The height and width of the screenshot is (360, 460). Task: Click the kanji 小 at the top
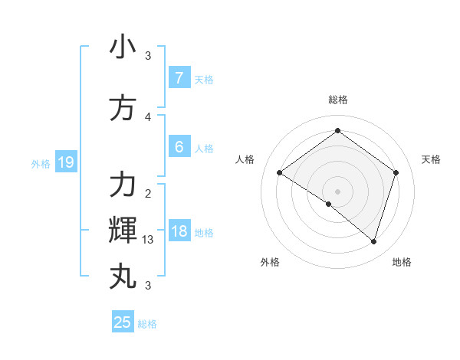point(123,47)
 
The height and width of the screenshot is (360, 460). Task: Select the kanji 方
point(123,108)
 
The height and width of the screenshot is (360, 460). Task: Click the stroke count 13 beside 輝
point(148,240)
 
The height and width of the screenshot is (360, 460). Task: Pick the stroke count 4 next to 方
point(148,117)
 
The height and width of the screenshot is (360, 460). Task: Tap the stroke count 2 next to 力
point(148,194)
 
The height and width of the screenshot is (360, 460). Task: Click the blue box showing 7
point(179,77)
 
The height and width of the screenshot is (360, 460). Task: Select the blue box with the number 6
point(179,146)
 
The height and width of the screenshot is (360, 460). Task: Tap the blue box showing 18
point(179,231)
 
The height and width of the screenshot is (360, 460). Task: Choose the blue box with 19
point(65,162)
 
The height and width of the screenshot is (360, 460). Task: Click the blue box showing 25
point(123,322)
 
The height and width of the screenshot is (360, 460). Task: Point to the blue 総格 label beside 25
point(147,324)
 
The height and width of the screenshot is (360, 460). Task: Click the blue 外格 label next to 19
point(41,163)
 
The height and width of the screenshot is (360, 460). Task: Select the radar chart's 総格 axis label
point(337,100)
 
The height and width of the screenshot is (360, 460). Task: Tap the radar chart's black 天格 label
point(431,159)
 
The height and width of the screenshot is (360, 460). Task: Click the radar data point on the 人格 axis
point(280,173)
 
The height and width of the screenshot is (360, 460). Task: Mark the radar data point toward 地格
point(373,241)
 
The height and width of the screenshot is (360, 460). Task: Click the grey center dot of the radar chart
point(337,191)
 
